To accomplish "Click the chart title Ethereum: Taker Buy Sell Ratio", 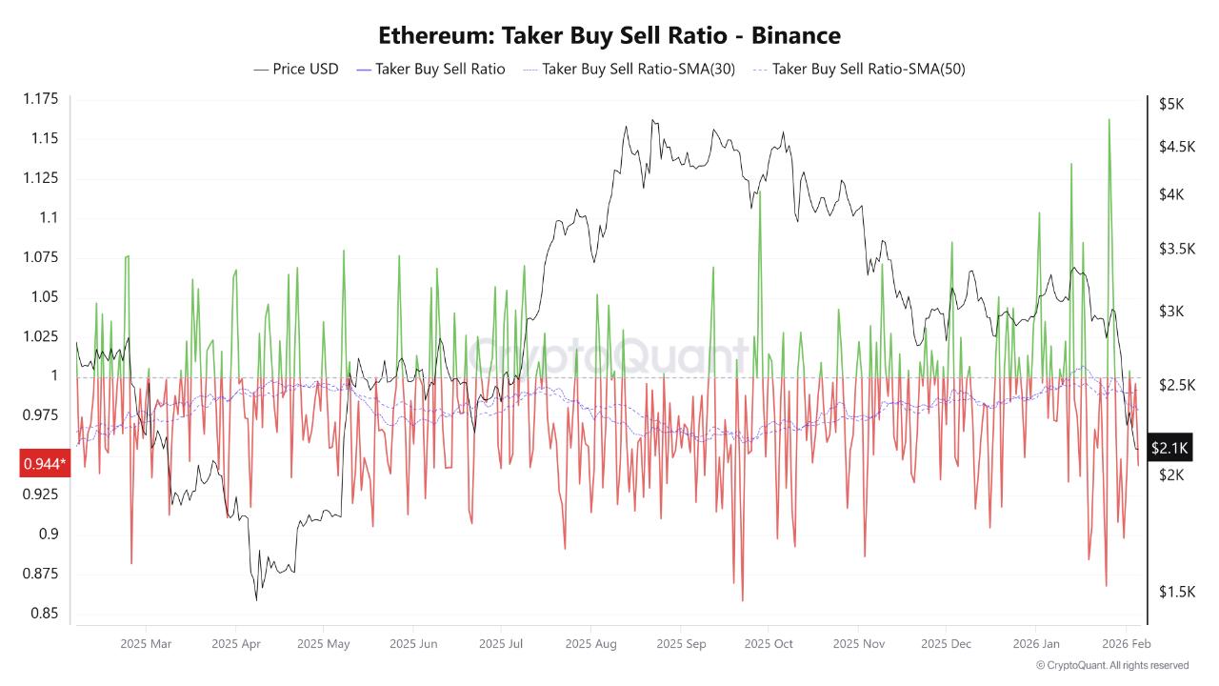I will pyautogui.click(x=609, y=36).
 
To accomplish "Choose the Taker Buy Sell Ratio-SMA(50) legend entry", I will pyautogui.click(x=858, y=69).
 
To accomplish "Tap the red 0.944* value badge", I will pyautogui.click(x=45, y=463).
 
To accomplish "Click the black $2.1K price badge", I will pyautogui.click(x=1169, y=447).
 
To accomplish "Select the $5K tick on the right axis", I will pyautogui.click(x=1170, y=104).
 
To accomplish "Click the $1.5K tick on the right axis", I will pyautogui.click(x=1176, y=592).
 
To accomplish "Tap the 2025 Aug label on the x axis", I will pyautogui.click(x=590, y=644).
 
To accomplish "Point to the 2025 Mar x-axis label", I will pyautogui.click(x=146, y=644).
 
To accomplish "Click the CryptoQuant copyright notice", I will pyautogui.click(x=1111, y=665).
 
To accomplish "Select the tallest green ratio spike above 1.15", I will pyautogui.click(x=1109, y=120).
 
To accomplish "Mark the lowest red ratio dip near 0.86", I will pyautogui.click(x=742, y=600).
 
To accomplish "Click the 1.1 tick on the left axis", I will pyautogui.click(x=48, y=217).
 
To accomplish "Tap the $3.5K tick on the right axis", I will pyautogui.click(x=1176, y=249).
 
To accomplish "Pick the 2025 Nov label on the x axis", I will pyautogui.click(x=858, y=644).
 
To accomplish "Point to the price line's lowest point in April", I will pyautogui.click(x=256, y=598).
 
